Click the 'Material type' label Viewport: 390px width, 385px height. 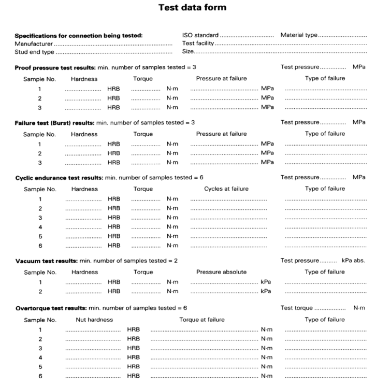(299, 35)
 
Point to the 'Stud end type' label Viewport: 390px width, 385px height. (34, 52)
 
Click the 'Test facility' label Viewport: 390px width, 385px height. (198, 44)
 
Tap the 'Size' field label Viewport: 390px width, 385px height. (187, 52)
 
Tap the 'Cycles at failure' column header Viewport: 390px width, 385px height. (226, 189)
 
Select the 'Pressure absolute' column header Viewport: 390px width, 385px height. (221, 272)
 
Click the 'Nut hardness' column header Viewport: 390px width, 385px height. (94, 320)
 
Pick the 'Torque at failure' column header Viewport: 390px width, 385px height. (202, 320)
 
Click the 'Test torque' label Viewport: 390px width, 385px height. (296, 308)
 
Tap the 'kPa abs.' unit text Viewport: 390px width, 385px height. (353, 261)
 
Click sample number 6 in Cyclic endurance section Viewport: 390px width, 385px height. (40, 245)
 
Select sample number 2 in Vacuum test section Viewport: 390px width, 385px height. (40, 291)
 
